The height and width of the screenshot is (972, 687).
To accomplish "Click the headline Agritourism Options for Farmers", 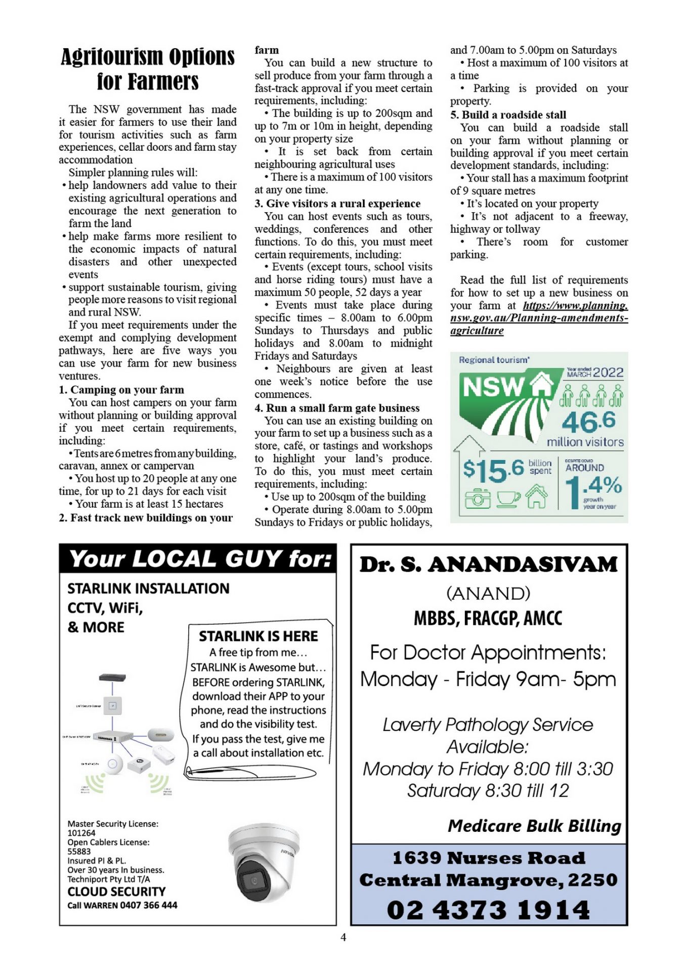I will (148, 69).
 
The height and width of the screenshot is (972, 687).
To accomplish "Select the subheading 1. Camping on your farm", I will (121, 390).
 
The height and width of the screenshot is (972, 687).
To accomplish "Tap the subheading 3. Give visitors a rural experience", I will (337, 204).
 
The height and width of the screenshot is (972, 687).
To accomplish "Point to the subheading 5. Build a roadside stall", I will (508, 115).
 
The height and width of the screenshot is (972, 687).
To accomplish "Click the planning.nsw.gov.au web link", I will (539, 318).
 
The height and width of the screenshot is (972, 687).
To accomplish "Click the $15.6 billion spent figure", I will (494, 469).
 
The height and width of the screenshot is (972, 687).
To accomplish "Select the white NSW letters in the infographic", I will (493, 388).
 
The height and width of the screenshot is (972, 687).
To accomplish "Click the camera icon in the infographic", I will (477, 498).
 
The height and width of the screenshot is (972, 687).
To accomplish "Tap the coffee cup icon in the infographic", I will (507, 498).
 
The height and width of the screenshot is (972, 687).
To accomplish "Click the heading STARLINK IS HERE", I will (258, 636).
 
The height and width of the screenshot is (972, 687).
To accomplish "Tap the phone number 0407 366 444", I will (149, 905).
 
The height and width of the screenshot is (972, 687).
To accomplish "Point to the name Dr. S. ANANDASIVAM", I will (489, 564).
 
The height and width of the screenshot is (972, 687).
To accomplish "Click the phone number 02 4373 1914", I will (489, 910).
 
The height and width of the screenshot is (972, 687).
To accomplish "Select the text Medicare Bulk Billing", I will (534, 826).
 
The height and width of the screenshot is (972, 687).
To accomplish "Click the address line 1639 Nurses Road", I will (489, 858).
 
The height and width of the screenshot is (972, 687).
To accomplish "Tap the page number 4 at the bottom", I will (343, 937).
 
